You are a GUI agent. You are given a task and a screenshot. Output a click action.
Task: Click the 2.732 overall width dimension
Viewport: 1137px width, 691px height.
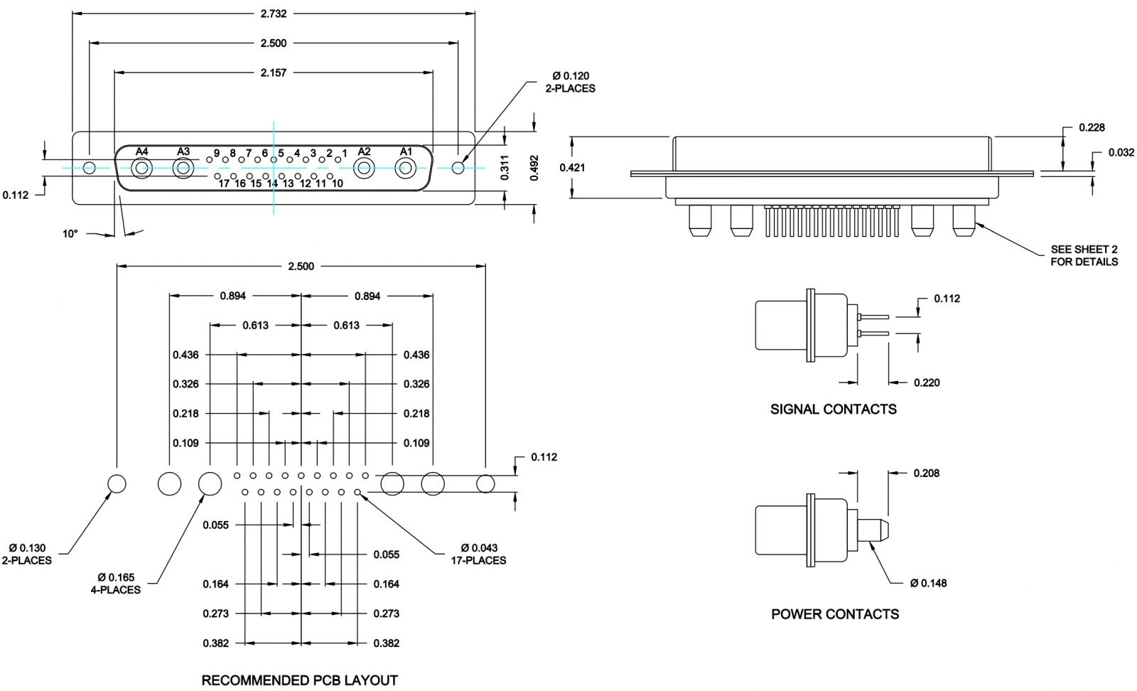pos(274,14)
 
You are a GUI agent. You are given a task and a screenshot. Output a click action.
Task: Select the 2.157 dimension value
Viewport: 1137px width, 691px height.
pos(274,72)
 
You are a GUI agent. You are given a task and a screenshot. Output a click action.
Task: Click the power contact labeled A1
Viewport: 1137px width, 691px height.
pos(406,168)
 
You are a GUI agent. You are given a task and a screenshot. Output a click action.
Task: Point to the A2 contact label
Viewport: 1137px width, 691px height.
pos(364,151)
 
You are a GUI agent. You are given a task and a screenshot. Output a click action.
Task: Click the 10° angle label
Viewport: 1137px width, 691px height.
pos(70,233)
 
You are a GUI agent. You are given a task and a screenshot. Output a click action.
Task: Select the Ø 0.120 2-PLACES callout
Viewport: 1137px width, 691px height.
pos(570,82)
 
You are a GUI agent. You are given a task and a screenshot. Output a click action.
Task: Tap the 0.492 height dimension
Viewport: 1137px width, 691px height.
pos(534,168)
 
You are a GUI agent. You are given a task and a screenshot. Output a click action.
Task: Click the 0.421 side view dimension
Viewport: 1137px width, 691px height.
pos(572,168)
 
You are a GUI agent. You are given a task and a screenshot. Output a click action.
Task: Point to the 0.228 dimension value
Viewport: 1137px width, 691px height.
pos(1092,127)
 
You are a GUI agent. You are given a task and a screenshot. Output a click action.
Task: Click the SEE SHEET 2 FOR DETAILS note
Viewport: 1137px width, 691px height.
pos(1084,255)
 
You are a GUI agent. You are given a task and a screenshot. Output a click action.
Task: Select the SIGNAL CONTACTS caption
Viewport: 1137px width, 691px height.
pos(833,409)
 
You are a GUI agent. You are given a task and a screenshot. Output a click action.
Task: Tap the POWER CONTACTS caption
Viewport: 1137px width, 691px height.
pos(834,614)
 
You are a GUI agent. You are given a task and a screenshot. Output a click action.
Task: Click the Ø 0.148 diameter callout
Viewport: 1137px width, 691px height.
pos(928,583)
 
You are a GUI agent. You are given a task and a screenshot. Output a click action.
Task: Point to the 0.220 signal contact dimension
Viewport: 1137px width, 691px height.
pos(927,382)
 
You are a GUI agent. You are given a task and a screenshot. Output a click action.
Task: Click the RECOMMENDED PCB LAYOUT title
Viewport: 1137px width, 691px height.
pos(299,680)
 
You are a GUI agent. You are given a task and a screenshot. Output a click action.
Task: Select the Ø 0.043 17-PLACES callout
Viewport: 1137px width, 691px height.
pos(478,554)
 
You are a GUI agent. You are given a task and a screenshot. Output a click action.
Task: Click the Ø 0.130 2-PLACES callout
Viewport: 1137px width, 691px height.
pos(27,554)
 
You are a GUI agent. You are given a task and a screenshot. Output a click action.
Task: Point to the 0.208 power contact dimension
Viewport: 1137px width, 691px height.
pos(927,473)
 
